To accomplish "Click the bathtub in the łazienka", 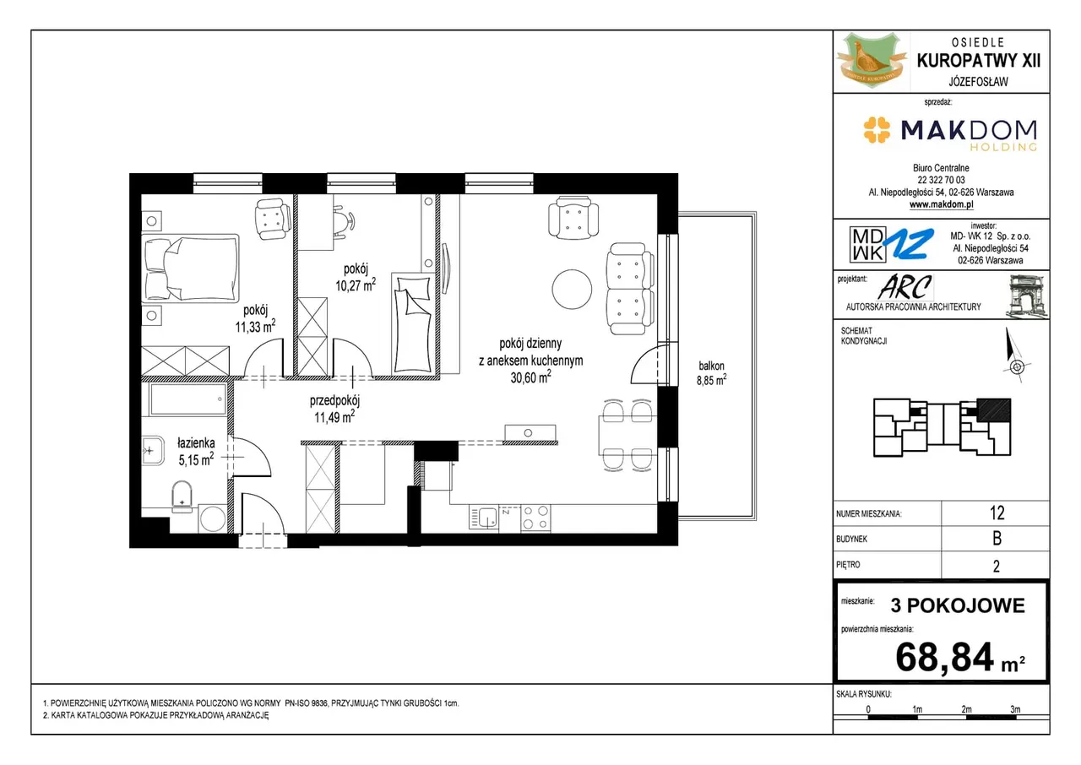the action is pos(188,399).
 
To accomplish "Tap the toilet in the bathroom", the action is pos(182,496).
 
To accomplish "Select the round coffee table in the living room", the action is pos(572,289).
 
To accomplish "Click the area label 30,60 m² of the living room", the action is pos(531,377).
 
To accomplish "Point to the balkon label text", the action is pos(711,366).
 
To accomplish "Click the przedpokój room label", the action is pos(334,400).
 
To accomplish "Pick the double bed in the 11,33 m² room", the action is pos(190,269).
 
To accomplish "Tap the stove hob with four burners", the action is pos(535,518).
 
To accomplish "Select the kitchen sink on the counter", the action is pos(484,518).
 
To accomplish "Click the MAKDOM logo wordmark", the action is pos(968,130).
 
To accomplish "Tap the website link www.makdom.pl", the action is pos(941,204).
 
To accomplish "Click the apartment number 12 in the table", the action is pos(997,513).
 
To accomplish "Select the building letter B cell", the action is pos(997,539).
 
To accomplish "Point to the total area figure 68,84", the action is pos(944,657).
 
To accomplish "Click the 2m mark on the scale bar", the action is pos(966,709).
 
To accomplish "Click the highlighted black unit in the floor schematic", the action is pos(994,410).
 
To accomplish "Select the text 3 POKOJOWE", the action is pos(958,605).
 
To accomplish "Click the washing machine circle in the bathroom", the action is pos(213,519).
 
